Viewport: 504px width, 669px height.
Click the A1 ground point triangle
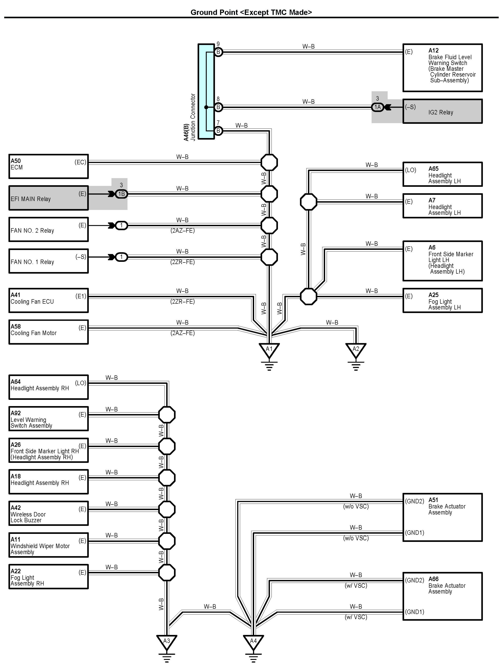pos(269,349)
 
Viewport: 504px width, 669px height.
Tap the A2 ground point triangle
pos(356,349)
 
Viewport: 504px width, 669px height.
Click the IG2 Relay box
pos(442,111)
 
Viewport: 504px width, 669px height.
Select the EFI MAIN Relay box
pos(48,198)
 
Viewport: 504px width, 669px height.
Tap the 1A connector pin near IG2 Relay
pos(377,107)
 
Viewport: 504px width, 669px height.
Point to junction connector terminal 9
pos(218,52)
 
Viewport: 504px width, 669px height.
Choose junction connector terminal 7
pos(218,131)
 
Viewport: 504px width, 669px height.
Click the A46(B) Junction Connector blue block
pos(206,91)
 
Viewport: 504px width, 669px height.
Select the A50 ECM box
pos(48,166)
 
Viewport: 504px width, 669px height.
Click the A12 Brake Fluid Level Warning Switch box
pos(442,68)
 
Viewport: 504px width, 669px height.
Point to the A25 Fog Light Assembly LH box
pos(442,300)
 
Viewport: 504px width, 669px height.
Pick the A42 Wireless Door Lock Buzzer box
pos(48,513)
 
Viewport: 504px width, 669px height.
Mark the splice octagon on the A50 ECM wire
pos(269,162)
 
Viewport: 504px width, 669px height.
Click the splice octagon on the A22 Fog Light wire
pos(167,572)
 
